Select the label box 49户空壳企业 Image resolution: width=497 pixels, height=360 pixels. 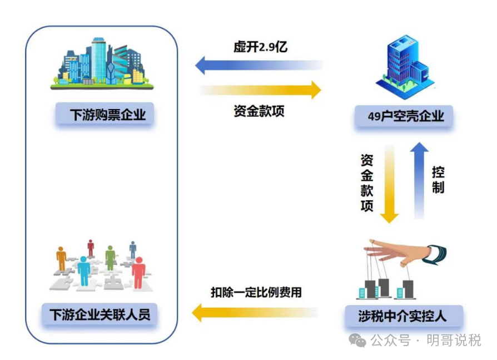tap(406, 116)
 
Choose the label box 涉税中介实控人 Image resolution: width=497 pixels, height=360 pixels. tap(403, 315)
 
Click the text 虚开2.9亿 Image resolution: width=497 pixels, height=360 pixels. tap(260, 47)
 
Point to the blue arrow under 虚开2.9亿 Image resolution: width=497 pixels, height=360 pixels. tap(259, 65)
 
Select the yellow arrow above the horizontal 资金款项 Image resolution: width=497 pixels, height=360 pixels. tap(260, 89)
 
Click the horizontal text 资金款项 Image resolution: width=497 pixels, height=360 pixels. tap(259, 111)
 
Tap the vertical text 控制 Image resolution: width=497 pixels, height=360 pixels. tap(438, 179)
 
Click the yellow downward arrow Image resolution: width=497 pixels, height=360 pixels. tap(389, 184)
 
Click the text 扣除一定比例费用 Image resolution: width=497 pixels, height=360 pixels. tap(256, 292)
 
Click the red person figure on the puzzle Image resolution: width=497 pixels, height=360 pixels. tap(138, 270)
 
